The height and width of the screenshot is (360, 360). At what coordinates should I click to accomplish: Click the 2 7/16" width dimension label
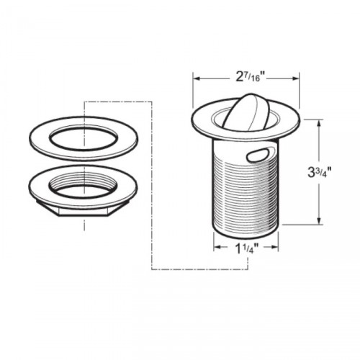coord(246,75)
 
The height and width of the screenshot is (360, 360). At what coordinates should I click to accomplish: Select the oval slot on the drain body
coord(257,153)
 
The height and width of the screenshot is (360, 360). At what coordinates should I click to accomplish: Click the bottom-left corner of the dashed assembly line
coord(150,269)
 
